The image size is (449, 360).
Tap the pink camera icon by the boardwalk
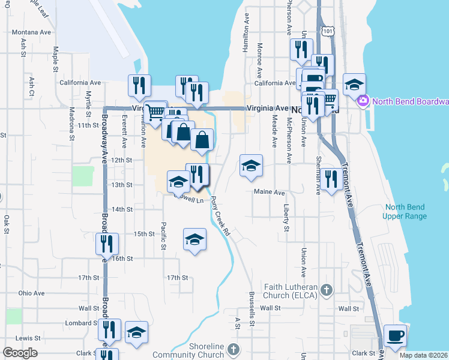(363, 101)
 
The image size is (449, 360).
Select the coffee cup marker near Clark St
(395, 337)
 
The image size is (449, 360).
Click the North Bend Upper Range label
(406, 212)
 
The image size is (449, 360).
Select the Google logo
(20, 353)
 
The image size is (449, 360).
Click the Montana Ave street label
(32, 32)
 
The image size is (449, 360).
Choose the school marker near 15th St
(194, 239)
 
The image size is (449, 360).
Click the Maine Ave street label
(269, 193)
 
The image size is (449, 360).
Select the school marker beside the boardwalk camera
(354, 84)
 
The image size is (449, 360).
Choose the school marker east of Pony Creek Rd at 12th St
(250, 166)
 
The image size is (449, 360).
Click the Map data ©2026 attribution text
(424, 355)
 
